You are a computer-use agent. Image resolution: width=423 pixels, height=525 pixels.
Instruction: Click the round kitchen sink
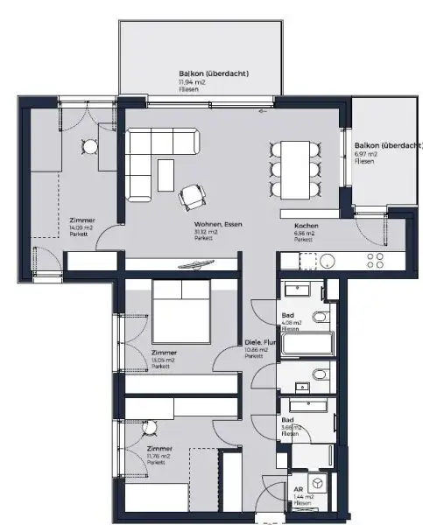327,260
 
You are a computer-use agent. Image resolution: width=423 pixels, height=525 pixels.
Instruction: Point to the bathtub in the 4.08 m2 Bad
305,342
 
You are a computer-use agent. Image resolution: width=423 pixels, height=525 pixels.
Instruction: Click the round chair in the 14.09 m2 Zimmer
88,145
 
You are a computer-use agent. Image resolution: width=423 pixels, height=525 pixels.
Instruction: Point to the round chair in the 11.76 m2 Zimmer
149,427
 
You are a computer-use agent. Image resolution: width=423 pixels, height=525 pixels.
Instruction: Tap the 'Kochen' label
307,226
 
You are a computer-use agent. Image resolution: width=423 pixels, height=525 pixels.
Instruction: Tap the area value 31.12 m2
208,232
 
